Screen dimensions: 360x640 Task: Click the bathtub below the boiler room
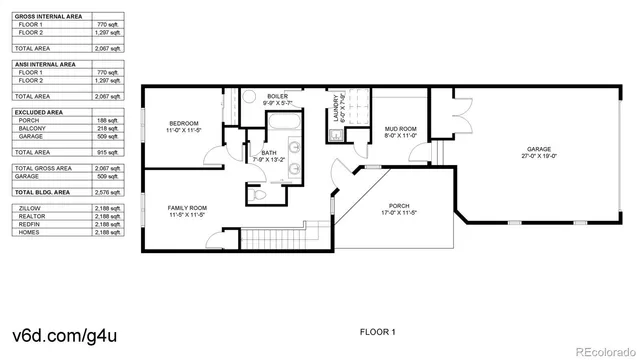coord(281,123)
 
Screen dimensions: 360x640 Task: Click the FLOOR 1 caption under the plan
coord(378,330)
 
